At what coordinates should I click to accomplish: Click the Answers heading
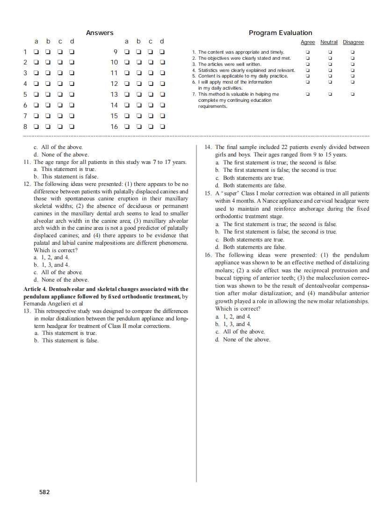click(x=100, y=33)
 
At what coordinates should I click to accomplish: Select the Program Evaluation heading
click(x=280, y=33)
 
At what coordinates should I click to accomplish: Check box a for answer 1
click(x=36, y=52)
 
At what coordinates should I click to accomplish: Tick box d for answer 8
click(x=72, y=126)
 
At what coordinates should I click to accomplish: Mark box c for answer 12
click(x=150, y=84)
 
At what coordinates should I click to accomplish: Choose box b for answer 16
click(x=138, y=126)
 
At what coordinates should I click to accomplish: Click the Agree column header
click(x=307, y=42)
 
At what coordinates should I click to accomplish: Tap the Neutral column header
click(x=329, y=42)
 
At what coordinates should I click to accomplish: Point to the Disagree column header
click(x=353, y=42)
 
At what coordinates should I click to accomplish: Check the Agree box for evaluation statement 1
click(x=307, y=52)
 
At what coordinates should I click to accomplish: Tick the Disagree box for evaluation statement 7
click(x=353, y=94)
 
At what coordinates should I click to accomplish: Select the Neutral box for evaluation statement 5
click(x=330, y=76)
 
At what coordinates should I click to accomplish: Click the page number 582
click(x=45, y=492)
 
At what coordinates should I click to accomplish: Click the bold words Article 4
click(x=36, y=289)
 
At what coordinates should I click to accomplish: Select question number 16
click(x=208, y=255)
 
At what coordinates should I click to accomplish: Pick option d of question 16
click(x=217, y=339)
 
